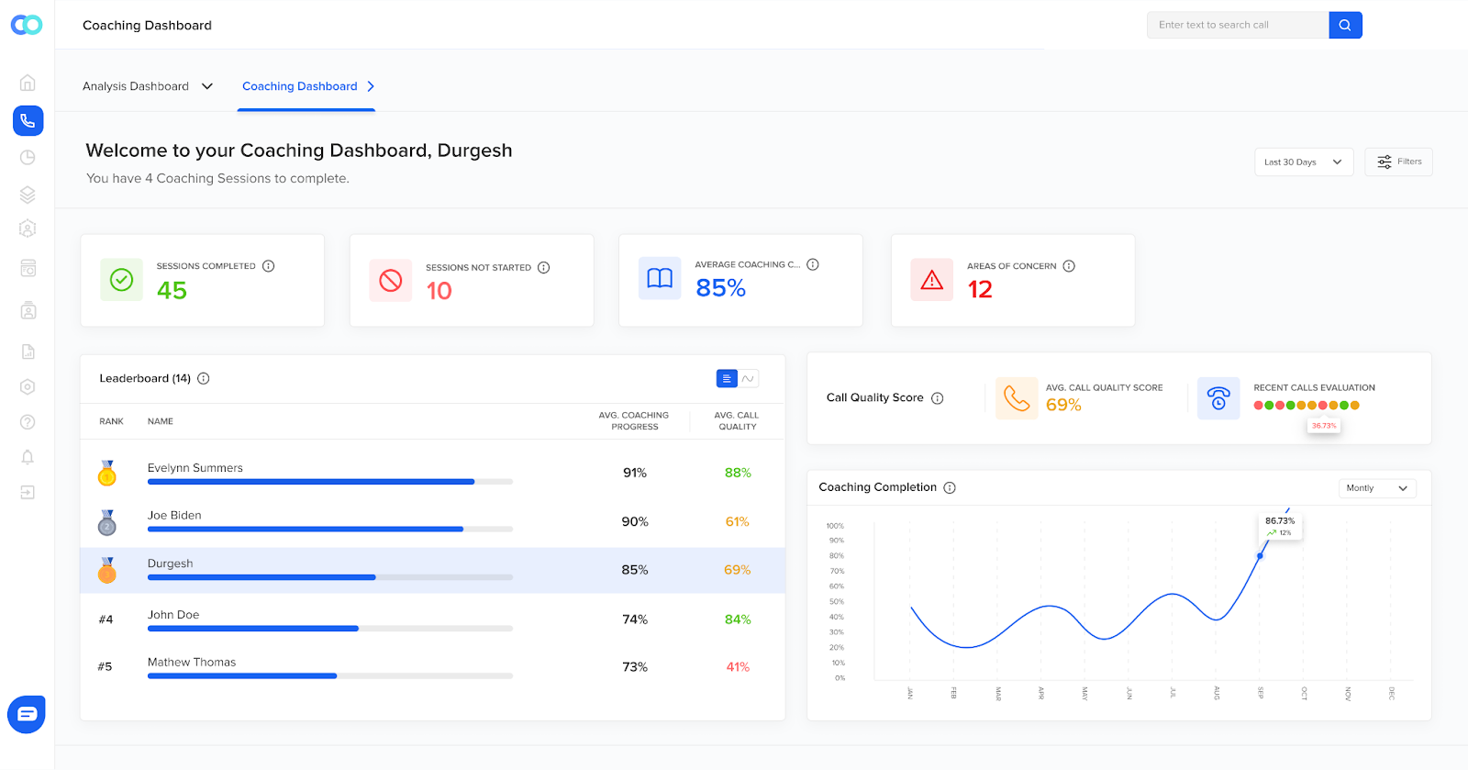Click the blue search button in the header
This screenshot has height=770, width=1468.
coord(1345,25)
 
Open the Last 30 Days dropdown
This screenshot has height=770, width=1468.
coord(1303,162)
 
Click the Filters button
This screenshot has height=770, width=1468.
coord(1398,162)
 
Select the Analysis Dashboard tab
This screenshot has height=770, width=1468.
coord(147,86)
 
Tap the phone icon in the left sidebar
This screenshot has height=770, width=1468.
coord(28,120)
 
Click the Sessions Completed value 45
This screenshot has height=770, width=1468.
coord(172,290)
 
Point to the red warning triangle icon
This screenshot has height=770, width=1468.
coord(931,280)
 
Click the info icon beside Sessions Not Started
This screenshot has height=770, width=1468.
coord(543,268)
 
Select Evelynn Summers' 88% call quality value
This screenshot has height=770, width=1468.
coord(738,473)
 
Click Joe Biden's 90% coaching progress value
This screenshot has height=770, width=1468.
coord(635,521)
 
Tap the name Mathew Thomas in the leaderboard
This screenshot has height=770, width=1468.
coord(192,662)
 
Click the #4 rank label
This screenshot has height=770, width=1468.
coord(106,619)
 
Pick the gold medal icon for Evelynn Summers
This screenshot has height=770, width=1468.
coord(107,474)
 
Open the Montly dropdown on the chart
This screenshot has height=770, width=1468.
coord(1376,488)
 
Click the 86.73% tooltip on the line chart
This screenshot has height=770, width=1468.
coord(1280,526)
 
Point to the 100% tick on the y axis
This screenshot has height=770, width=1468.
coord(835,526)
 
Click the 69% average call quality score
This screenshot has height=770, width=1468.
coord(1063,405)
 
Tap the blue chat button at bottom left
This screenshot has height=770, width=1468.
coord(27,714)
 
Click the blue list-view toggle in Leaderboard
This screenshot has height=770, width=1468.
coord(727,378)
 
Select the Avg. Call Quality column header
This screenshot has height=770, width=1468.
coord(737,420)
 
